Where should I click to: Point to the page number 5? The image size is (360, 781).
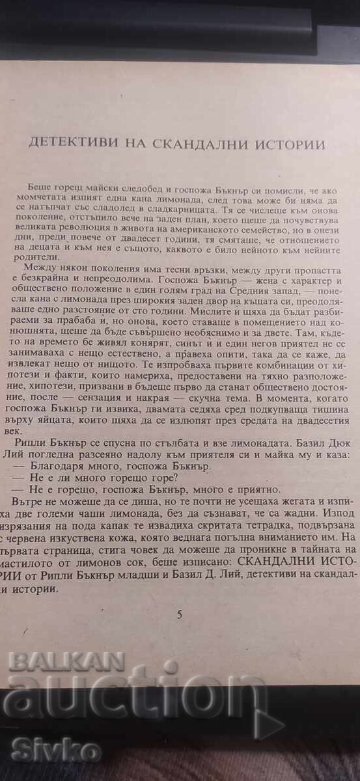pyautogui.click(x=180, y=614)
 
